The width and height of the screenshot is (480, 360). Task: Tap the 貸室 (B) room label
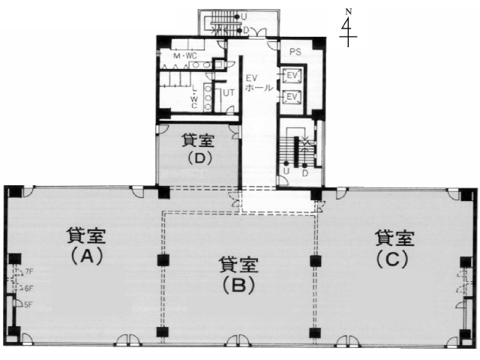238,274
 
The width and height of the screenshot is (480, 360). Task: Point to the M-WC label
184,56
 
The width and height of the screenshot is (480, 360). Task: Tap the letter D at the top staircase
245,30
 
